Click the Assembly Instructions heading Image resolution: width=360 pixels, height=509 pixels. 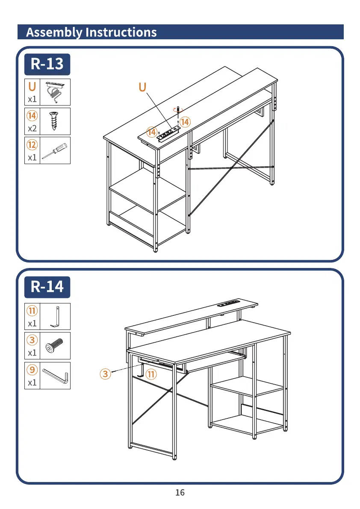(x=91, y=32)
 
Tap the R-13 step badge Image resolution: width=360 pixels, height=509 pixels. (x=47, y=64)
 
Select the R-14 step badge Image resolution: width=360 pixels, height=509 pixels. (x=47, y=287)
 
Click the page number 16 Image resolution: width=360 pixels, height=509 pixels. (x=180, y=493)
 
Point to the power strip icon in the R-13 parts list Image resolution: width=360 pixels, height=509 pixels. (x=55, y=91)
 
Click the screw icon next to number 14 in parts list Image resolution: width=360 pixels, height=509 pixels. (x=55, y=121)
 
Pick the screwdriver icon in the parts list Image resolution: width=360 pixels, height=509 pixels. (x=55, y=150)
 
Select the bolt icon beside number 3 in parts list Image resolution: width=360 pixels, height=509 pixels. (x=55, y=346)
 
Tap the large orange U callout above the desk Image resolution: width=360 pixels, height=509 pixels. (x=142, y=87)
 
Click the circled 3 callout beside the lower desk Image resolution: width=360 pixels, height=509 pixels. (x=105, y=374)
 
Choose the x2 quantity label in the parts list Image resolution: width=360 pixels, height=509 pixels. (x=32, y=128)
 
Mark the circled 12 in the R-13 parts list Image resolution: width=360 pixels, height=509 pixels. (x=32, y=145)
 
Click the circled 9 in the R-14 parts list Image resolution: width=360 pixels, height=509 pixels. (x=32, y=369)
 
